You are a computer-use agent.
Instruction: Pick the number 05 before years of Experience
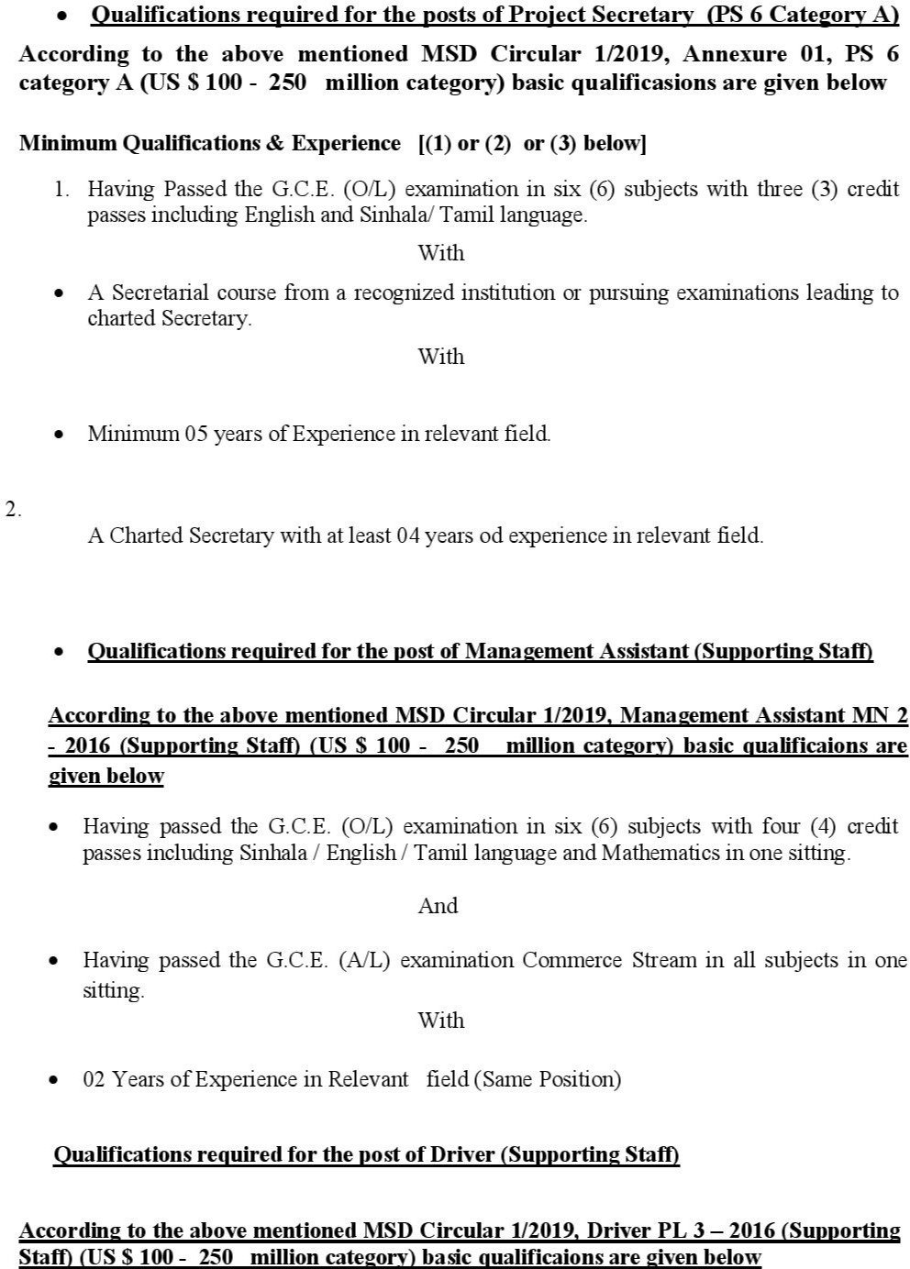196,434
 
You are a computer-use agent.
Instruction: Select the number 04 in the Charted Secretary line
408,535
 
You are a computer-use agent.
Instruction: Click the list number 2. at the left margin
13,510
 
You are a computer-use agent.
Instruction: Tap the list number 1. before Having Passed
61,189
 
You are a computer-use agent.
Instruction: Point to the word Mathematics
660,853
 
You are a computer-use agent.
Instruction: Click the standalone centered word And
438,906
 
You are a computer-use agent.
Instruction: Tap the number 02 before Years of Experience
94,1079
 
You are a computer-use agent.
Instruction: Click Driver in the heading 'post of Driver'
463,1154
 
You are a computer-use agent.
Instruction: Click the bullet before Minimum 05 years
60,435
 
